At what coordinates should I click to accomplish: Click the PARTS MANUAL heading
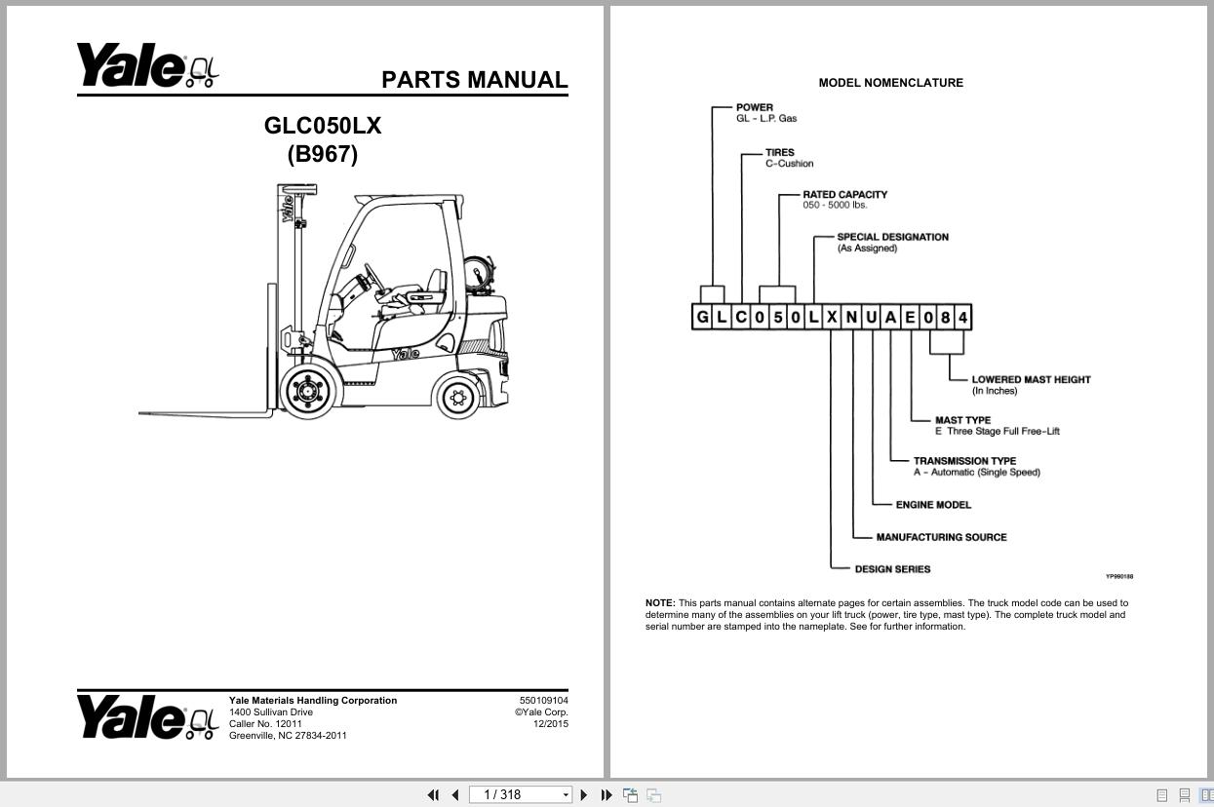pos(474,80)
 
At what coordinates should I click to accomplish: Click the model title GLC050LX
pos(323,126)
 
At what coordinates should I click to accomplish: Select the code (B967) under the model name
pos(323,154)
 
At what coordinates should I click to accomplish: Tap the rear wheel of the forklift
pos(458,397)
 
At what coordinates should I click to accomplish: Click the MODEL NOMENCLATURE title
pos(890,83)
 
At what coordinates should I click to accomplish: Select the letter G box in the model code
pos(703,317)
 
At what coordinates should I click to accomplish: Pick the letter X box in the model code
pos(832,317)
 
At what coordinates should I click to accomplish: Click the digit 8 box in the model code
pos(946,317)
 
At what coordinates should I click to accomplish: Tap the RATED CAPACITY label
pos(844,194)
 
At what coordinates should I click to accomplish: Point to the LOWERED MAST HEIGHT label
pos(1031,379)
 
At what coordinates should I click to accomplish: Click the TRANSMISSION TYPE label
pos(964,461)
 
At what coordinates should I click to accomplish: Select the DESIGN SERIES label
pos(892,569)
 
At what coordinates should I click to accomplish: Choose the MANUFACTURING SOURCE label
pos(941,537)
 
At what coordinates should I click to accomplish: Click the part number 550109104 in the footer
pos(543,700)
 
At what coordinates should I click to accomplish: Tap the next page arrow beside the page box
pos(584,795)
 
